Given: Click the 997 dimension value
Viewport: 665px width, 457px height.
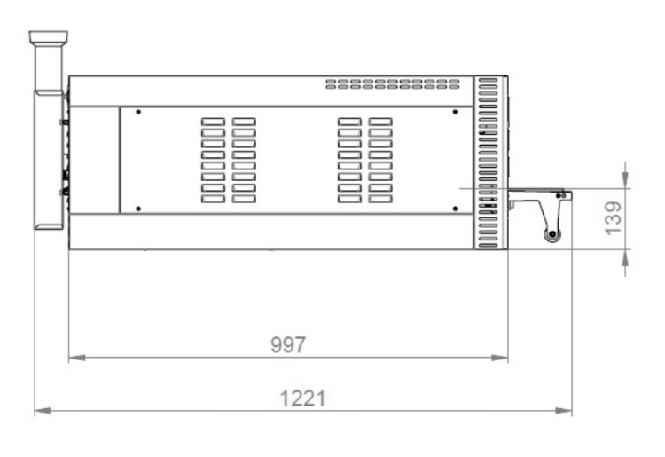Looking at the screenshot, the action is coord(288,344).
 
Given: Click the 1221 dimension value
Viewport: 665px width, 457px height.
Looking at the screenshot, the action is coord(303,398).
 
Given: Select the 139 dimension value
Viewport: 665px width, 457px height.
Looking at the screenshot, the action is coord(614,218).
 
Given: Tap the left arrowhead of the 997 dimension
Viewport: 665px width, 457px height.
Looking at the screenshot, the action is coord(77,358).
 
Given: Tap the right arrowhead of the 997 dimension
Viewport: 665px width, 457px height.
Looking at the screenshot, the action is coord(499,358).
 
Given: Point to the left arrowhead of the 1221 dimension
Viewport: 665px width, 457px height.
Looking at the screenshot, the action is coord(43,411).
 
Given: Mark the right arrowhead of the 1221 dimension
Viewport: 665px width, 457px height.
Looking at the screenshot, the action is coord(564,411).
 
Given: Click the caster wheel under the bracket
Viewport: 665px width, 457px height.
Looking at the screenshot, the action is coord(552,234).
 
